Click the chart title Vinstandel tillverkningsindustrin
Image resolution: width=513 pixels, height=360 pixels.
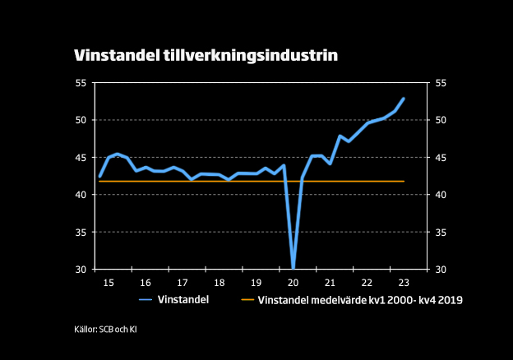(x=206, y=55)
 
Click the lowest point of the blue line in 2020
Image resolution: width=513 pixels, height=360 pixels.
(x=293, y=267)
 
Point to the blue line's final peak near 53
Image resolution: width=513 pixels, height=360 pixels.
(x=404, y=99)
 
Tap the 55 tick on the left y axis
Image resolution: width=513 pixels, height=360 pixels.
(x=81, y=83)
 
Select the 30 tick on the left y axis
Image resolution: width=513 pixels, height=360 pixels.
(x=81, y=270)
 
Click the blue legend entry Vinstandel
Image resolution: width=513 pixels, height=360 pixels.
(x=186, y=301)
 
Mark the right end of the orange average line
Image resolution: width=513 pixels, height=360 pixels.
(x=404, y=181)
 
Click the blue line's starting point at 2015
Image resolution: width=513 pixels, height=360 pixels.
(x=99, y=176)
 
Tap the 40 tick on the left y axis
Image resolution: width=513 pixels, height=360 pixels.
(x=81, y=195)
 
